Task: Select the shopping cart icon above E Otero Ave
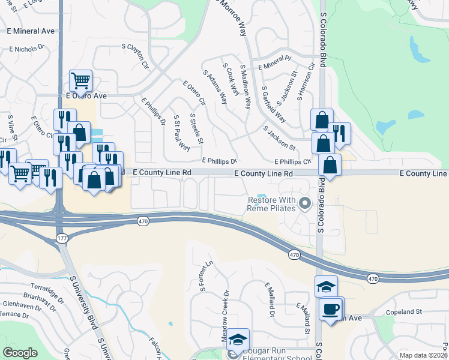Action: click(80, 80)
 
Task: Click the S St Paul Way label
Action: click(181, 133)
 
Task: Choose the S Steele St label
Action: click(196, 128)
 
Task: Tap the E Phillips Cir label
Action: click(293, 161)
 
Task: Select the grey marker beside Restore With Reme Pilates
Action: click(304, 204)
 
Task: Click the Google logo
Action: click(20, 353)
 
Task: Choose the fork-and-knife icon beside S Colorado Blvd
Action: click(340, 134)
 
